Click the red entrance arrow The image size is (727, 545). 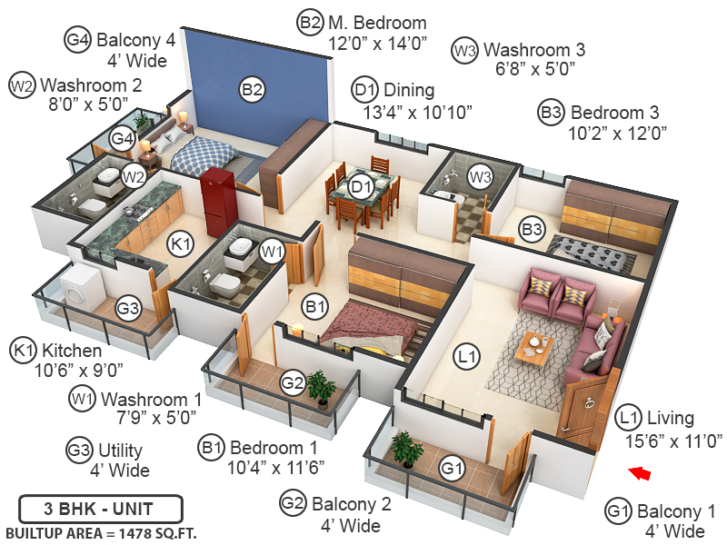(641, 471)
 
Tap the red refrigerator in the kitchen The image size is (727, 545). (219, 201)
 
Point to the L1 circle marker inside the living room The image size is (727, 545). (468, 358)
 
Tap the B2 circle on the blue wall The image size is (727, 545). (252, 89)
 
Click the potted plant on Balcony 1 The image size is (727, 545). (402, 447)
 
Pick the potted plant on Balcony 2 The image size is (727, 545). (320, 386)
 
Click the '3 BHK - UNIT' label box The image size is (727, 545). (100, 507)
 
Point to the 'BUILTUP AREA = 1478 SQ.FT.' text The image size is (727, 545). (101, 531)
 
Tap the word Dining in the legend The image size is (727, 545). (409, 90)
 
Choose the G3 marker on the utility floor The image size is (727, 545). (128, 309)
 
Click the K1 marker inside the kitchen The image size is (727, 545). (181, 243)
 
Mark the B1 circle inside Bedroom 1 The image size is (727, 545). (315, 308)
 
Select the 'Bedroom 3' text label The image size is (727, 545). (614, 113)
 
